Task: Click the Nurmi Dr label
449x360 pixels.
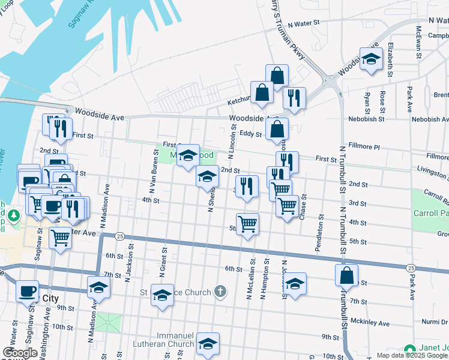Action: click(x=435, y=322)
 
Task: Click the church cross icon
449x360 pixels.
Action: click(x=220, y=292)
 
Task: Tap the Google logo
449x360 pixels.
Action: click(x=20, y=353)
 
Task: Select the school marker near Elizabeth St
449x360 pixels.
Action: click(x=372, y=59)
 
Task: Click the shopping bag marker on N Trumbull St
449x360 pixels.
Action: click(x=347, y=275)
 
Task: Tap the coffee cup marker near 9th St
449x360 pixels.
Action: click(x=27, y=291)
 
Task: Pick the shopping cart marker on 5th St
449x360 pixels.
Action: click(x=247, y=224)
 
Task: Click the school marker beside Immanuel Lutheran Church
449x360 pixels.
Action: click(x=208, y=343)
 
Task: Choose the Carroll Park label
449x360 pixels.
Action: click(x=430, y=213)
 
